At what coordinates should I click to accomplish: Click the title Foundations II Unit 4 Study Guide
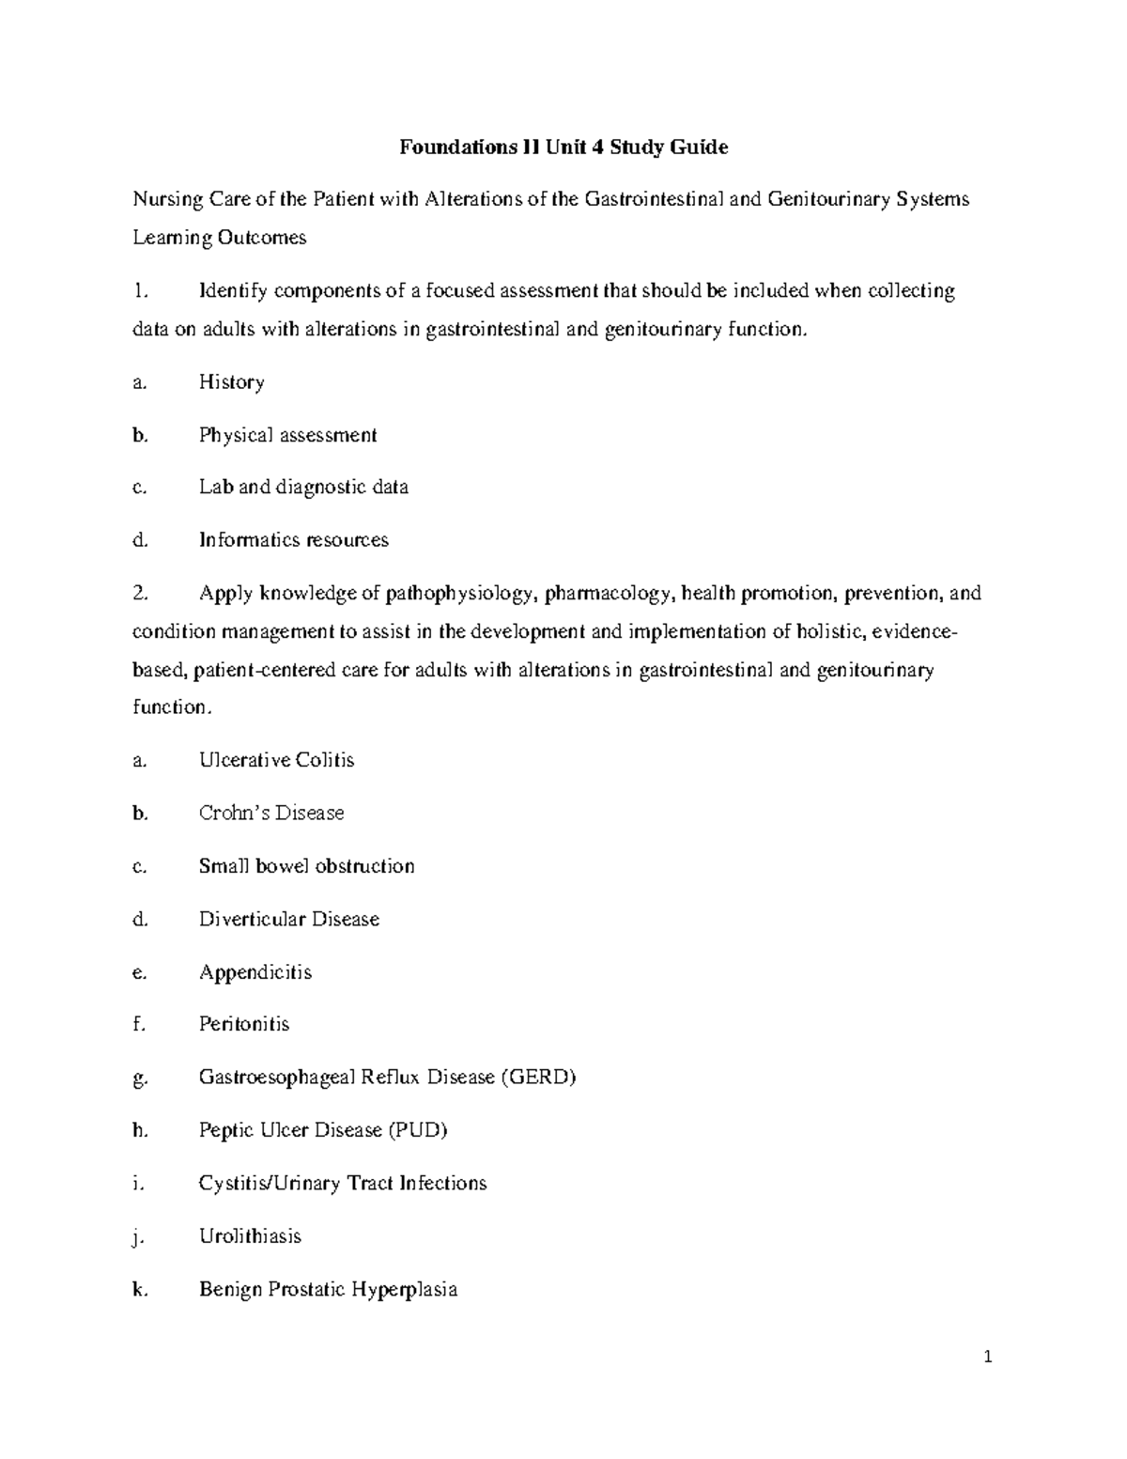tap(563, 147)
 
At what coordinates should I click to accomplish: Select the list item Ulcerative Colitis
tap(276, 760)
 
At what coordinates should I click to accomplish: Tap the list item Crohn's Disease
tap(271, 813)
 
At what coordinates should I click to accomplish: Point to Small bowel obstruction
tap(306, 866)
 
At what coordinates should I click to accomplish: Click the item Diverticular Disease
tap(289, 919)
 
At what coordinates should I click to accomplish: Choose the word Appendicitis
tap(255, 972)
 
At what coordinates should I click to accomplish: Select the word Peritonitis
tap(244, 1024)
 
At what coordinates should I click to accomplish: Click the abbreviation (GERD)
tap(537, 1078)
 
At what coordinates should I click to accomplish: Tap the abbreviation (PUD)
tap(417, 1130)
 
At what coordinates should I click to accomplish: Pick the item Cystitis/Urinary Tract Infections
tap(343, 1183)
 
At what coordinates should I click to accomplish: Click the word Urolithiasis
tap(250, 1236)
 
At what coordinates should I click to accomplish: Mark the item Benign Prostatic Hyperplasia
tap(328, 1289)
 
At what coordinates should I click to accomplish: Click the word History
tap(231, 382)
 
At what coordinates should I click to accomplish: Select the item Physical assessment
tap(287, 435)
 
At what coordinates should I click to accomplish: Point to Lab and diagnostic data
tap(303, 488)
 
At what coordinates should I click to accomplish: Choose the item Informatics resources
tap(293, 540)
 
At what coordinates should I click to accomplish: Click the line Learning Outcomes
tap(220, 238)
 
